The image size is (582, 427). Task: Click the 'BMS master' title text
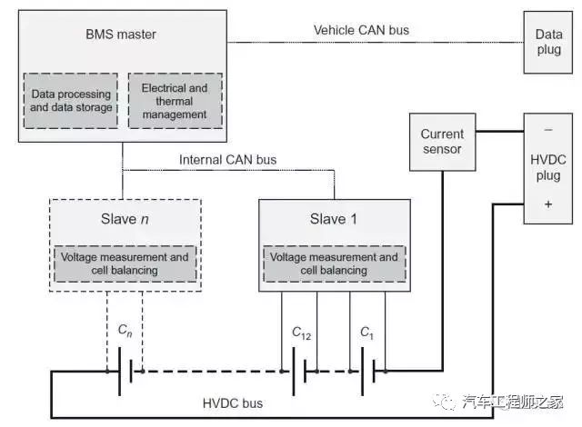click(x=121, y=35)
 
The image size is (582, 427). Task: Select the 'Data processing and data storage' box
click(x=71, y=101)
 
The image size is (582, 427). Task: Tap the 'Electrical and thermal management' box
click(x=176, y=101)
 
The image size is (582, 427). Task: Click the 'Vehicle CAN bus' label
click(x=361, y=30)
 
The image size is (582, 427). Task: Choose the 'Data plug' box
click(x=547, y=43)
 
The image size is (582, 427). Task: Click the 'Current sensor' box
click(x=443, y=142)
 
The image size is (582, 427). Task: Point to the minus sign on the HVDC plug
click(x=548, y=130)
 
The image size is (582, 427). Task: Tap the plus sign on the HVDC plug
click(x=548, y=204)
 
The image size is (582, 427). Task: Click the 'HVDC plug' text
click(x=548, y=167)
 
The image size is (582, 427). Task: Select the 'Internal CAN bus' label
click(x=227, y=160)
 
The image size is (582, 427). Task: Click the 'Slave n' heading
click(x=125, y=219)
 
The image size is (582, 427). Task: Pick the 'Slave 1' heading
click(x=334, y=219)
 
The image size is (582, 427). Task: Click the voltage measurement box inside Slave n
click(x=125, y=263)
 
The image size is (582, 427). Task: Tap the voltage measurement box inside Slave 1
click(x=334, y=263)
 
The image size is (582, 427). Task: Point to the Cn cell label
click(x=125, y=331)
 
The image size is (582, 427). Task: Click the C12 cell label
click(x=301, y=333)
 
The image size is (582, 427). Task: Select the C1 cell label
click(x=366, y=333)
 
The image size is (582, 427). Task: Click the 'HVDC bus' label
click(x=233, y=403)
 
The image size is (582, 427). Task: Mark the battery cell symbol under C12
click(x=299, y=372)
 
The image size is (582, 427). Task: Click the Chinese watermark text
click(x=512, y=402)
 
